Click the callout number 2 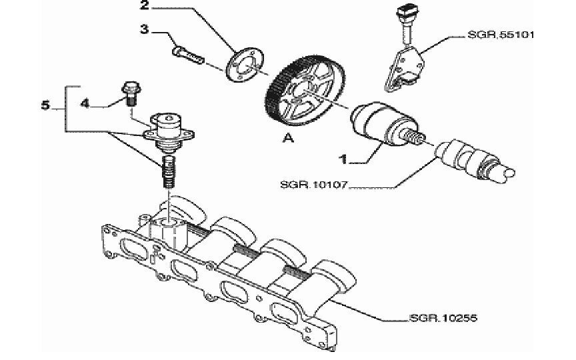point(145,6)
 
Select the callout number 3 point(145,29)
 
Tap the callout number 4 point(85,104)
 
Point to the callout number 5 point(45,106)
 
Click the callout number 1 point(343,159)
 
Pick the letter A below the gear point(289,139)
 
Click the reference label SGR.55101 point(501,35)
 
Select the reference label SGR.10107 point(314,185)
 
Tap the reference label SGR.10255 point(443,317)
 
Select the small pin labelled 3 point(188,55)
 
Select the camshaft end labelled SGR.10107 point(474,161)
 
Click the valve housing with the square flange point(169,131)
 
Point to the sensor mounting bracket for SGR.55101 point(404,67)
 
